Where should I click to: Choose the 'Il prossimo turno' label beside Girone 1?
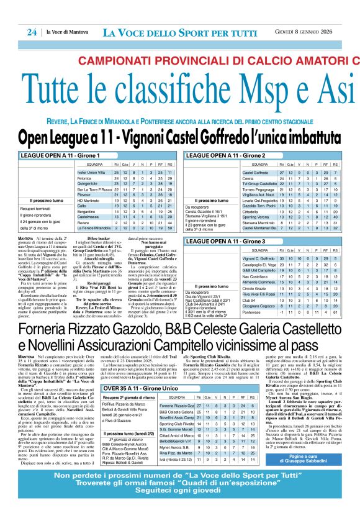(x=40, y=201)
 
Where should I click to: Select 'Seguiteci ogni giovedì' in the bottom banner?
(x=180, y=506)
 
